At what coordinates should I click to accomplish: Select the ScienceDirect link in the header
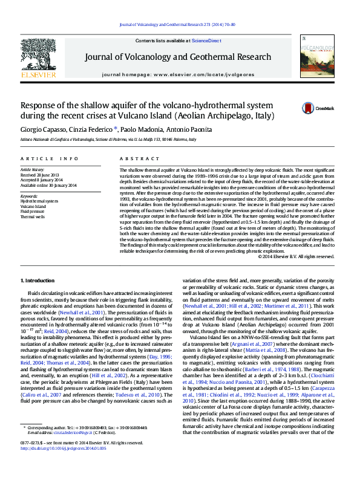(x=206, y=41)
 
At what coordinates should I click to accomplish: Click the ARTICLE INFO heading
(x=50, y=158)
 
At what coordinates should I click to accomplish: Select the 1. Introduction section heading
(x=38, y=281)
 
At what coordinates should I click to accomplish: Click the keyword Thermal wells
(x=33, y=216)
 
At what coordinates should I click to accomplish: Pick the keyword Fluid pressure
(x=33, y=211)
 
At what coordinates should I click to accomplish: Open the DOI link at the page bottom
(x=64, y=466)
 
